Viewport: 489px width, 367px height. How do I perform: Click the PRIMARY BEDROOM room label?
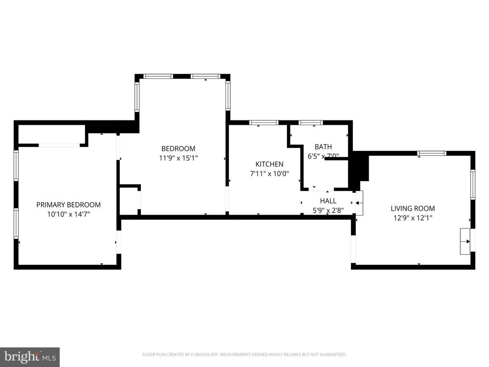tap(68, 205)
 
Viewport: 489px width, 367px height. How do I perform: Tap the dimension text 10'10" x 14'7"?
tap(68, 215)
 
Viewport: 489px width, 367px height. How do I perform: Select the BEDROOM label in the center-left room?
tap(178, 149)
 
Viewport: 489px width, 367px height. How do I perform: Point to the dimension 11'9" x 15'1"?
tap(178, 158)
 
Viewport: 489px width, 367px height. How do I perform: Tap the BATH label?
tap(323, 147)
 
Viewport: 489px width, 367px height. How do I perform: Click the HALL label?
tap(328, 201)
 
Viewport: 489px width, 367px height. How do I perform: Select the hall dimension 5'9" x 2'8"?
tap(328, 210)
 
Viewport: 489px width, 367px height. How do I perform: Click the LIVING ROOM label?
tap(413, 208)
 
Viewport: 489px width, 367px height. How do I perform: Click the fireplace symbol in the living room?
tap(465, 241)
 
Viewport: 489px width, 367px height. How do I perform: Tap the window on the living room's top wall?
tap(432, 153)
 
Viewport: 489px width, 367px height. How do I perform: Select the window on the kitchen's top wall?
tap(264, 123)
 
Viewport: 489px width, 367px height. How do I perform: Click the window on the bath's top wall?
tap(311, 123)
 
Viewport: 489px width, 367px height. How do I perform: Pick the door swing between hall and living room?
tap(359, 202)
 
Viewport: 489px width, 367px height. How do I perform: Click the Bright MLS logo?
tap(30, 356)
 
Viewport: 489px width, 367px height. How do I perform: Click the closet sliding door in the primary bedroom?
tap(59, 145)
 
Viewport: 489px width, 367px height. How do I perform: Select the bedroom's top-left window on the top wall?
tap(159, 76)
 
